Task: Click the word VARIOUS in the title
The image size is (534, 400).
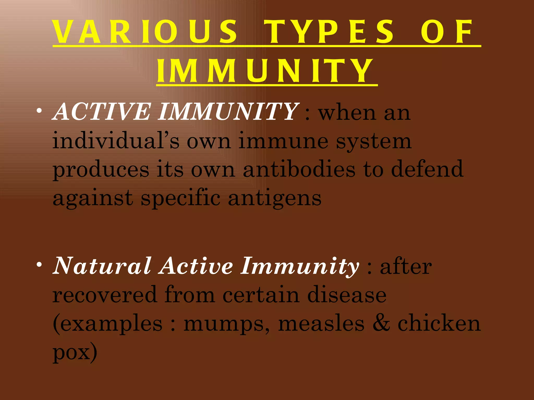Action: [145, 32]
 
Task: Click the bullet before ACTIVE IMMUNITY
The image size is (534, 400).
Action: [39, 111]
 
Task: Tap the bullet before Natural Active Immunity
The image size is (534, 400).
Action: [39, 265]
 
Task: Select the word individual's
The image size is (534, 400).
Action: [116, 141]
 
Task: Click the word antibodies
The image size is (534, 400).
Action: [299, 169]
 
